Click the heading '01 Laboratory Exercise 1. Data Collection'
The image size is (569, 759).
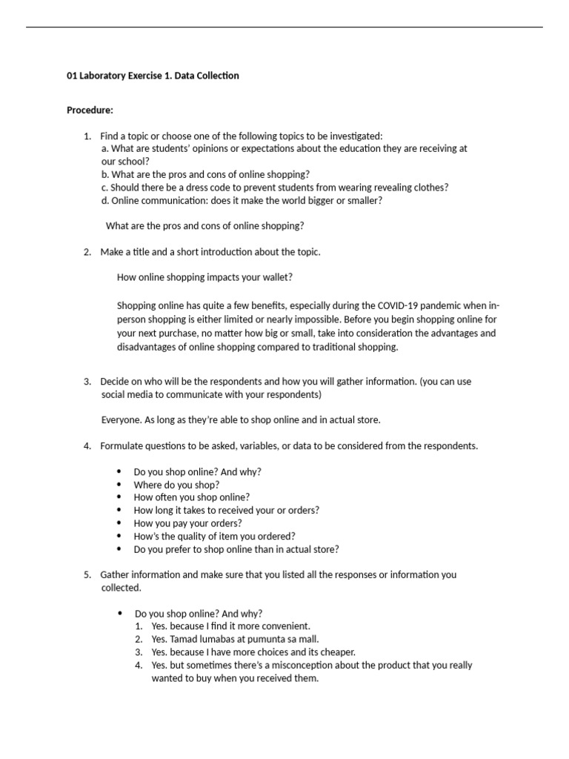[x=153, y=76]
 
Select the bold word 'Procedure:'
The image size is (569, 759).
[x=90, y=110]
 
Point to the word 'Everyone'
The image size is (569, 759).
[x=120, y=420]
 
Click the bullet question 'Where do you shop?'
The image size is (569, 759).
[x=176, y=485]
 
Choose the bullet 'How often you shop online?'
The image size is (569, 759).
[x=191, y=497]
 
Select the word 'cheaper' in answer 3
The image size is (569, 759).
[x=337, y=652]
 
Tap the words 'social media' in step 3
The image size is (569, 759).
[x=127, y=394]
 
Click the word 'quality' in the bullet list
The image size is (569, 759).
[x=186, y=536]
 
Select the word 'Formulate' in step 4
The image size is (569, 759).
[x=123, y=445]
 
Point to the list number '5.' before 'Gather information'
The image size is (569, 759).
[x=87, y=574]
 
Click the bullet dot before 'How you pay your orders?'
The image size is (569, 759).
[x=119, y=523]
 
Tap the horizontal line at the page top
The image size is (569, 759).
[x=284, y=27]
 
